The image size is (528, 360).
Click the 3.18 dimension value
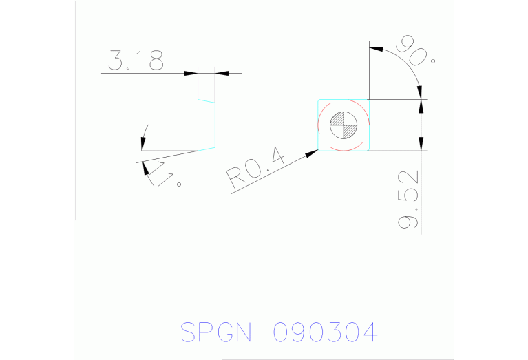(136, 61)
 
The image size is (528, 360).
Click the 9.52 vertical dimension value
(410, 199)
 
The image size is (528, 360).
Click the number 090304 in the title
(325, 332)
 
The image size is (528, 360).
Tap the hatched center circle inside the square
(344, 125)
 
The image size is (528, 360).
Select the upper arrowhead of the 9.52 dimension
(421, 105)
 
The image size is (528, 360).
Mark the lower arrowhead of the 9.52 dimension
(421, 145)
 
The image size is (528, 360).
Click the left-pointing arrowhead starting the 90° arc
(376, 49)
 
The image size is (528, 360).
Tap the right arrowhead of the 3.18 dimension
(221, 72)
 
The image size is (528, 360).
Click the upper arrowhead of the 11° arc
(142, 144)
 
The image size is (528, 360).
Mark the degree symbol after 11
(180, 184)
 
